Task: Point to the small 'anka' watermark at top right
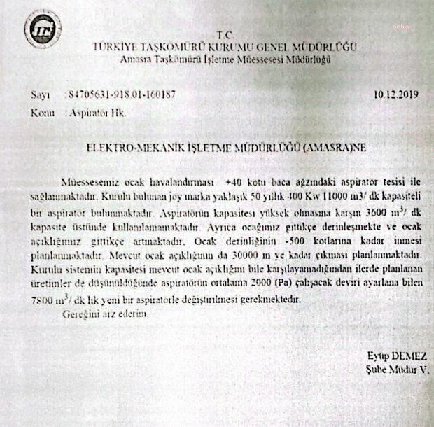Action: click(x=400, y=26)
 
